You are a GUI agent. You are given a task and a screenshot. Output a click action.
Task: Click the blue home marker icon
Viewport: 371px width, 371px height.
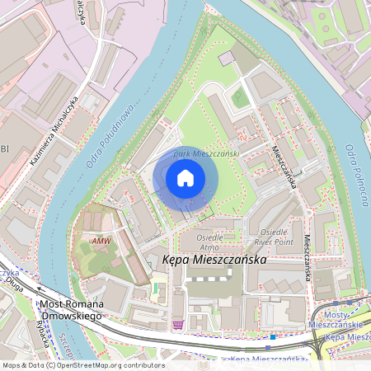[x=185, y=178]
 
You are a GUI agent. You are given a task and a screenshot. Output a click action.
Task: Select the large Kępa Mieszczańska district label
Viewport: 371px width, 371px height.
[x=215, y=259]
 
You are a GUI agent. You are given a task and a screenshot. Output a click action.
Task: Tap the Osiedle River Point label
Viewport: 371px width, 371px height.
[x=275, y=237]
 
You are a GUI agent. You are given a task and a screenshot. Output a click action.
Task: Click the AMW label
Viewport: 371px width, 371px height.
[x=101, y=241]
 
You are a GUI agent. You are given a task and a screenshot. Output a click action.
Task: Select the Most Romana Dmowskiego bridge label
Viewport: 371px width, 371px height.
[x=71, y=309]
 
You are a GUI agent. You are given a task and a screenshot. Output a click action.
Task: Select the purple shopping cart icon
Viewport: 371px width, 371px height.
[x=178, y=325]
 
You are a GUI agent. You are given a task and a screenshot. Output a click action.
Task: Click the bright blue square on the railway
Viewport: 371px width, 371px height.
[x=273, y=336]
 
